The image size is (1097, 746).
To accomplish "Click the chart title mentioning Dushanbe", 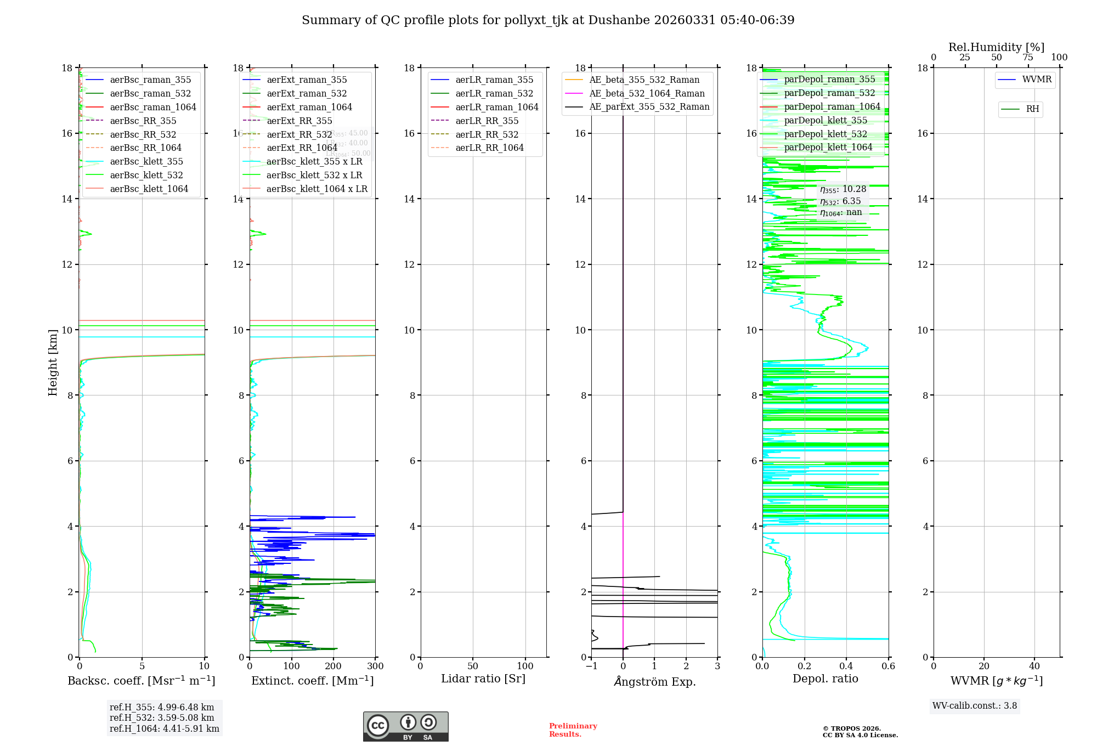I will (548, 20).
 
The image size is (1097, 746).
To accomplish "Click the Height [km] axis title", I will (53, 362).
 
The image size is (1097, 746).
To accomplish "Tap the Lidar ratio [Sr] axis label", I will (483, 679).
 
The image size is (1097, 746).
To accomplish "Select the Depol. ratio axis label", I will (825, 679).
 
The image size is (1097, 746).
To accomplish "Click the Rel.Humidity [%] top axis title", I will (996, 47).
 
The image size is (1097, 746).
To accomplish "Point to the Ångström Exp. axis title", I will (654, 681).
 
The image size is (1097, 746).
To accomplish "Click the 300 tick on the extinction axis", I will (376, 666).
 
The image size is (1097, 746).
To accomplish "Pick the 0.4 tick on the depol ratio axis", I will (846, 666).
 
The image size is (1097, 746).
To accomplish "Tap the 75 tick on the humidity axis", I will (1028, 58).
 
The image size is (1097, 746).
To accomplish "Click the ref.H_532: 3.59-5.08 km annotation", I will (162, 717).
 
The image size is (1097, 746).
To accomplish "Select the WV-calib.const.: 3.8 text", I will (975, 706).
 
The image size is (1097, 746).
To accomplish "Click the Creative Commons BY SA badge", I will (405, 727).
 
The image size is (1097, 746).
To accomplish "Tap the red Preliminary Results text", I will (573, 730).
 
